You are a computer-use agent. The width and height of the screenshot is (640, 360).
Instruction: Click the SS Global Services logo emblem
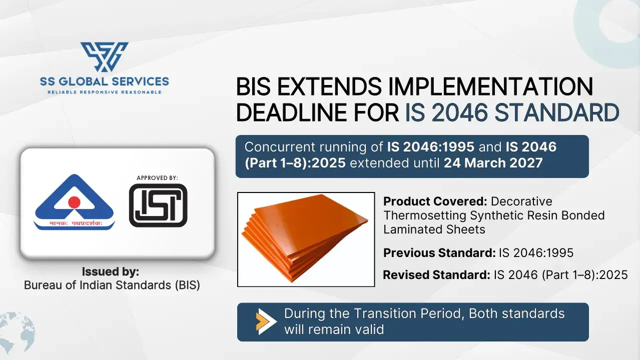point(104,57)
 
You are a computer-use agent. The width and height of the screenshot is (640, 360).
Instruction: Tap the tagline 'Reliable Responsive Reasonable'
point(104,92)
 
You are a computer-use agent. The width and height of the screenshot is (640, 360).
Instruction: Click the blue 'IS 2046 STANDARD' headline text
point(512,113)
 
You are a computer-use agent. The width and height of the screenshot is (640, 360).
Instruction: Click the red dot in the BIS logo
point(74,202)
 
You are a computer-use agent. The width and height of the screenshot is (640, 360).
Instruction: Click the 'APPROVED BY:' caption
point(157,178)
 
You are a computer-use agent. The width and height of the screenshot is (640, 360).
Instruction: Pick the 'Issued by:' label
point(111,272)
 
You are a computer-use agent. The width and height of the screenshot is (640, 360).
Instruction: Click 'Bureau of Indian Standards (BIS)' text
point(112,285)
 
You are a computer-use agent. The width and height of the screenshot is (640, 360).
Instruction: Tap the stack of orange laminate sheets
point(306,239)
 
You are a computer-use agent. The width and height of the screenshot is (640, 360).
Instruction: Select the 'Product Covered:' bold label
point(435,202)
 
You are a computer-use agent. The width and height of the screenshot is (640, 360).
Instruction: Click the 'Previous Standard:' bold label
point(439,253)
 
